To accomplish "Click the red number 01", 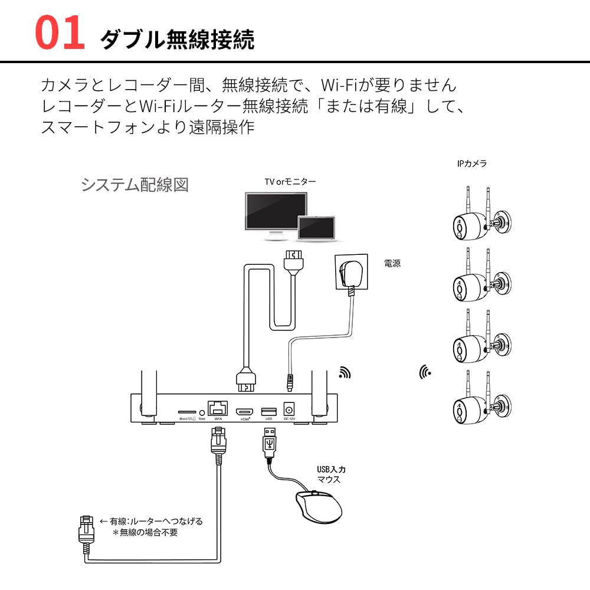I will coord(60,34).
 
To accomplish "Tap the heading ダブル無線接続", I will coord(177,40).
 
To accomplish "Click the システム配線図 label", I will coord(135,185).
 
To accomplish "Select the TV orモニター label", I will coord(290,182).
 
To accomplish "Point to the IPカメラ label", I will coord(472,163).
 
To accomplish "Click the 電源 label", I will coord(392,263).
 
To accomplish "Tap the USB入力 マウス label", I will coord(330,474).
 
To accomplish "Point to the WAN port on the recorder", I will coord(218,408).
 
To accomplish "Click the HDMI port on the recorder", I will coord(245,410).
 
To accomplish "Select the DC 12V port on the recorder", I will coord(290,408).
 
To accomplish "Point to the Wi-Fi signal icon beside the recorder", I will coord(345,372).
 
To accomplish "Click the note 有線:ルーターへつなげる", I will coord(151,521).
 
